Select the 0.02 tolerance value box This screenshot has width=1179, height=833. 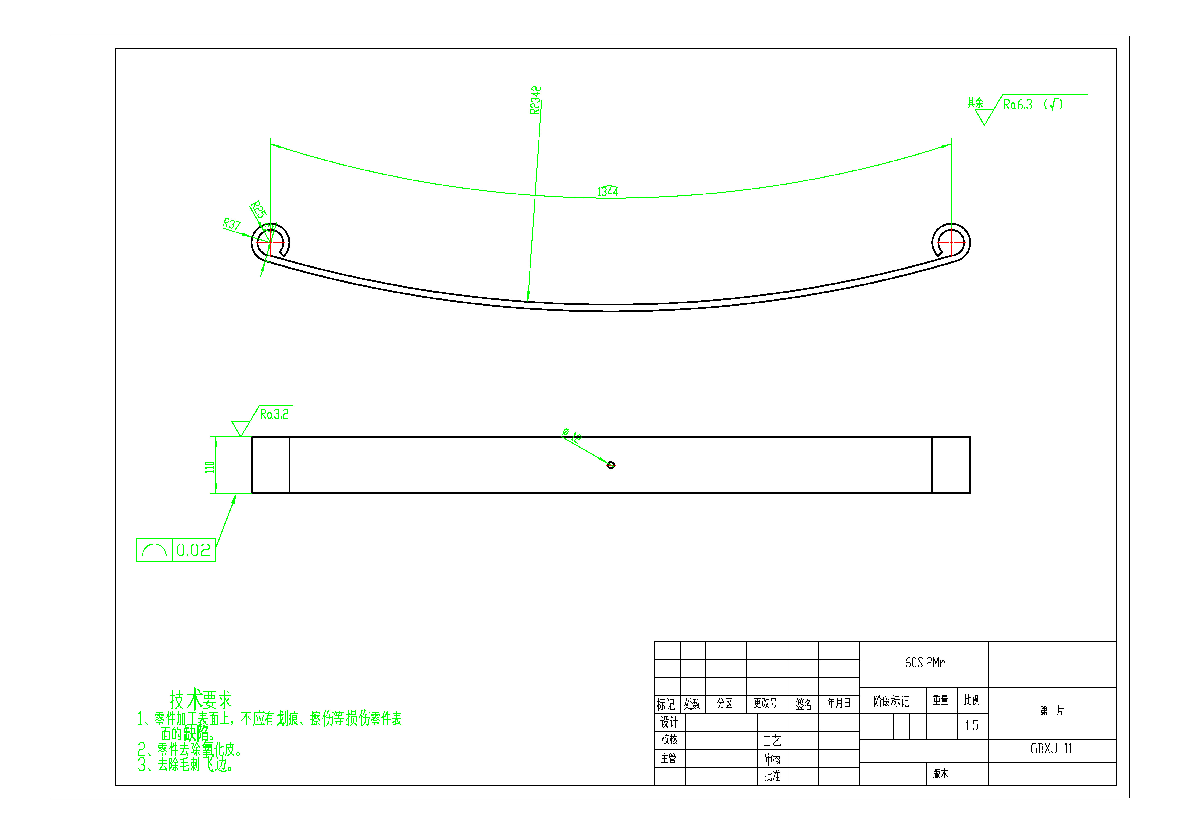[194, 550]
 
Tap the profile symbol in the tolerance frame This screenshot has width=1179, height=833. [154, 550]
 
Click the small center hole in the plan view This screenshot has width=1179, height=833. [611, 465]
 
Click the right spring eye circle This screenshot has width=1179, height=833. [951, 242]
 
